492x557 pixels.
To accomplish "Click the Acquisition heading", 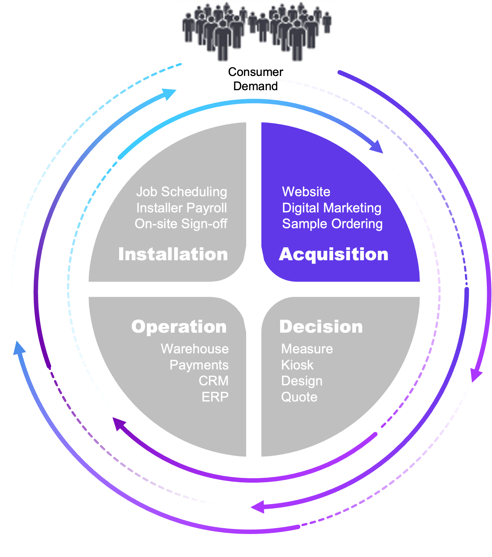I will [x=333, y=254].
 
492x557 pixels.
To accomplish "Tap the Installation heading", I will [x=173, y=254].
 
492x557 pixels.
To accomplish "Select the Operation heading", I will [x=179, y=327].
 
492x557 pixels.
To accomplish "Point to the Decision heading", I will [x=321, y=327].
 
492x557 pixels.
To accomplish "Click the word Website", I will [x=306, y=192].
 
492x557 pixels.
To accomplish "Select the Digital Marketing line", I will [x=332, y=208].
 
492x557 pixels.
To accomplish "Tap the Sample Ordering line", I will [x=332, y=224].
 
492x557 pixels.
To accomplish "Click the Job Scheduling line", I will [x=181, y=192].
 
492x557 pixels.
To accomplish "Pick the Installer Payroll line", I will [x=181, y=208].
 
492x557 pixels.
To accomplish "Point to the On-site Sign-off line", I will [x=181, y=224].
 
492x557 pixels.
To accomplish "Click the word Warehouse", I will [x=195, y=349].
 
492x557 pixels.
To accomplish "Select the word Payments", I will [x=199, y=365].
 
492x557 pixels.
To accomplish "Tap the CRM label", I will [x=213, y=381].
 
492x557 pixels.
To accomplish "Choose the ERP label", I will [x=215, y=397].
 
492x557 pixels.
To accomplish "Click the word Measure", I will [x=307, y=349].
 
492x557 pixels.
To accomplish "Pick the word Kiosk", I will [x=297, y=365].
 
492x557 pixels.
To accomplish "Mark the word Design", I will [x=302, y=381].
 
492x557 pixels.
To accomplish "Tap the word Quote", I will [x=299, y=397].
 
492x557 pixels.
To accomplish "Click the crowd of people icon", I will [x=256, y=32].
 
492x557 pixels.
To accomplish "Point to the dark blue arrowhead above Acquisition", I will [x=377, y=147].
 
